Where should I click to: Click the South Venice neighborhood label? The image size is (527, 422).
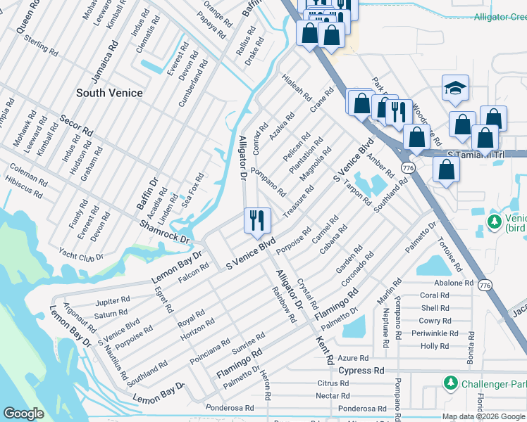[109, 93]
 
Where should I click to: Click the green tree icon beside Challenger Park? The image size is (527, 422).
[450, 383]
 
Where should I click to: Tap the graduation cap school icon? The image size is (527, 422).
[454, 89]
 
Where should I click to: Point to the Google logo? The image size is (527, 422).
[23, 414]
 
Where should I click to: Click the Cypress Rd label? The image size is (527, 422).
[361, 370]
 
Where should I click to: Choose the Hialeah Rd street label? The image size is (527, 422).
[296, 88]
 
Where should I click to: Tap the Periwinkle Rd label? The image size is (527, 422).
[430, 333]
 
